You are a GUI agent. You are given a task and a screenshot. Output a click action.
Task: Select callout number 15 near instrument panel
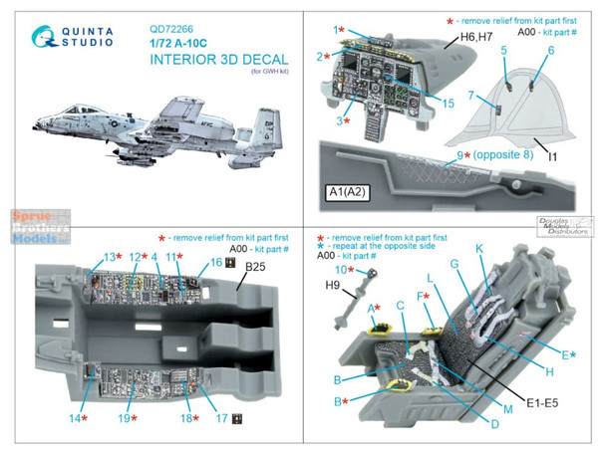click(450, 104)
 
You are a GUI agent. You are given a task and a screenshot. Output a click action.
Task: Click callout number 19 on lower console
click(125, 420)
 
